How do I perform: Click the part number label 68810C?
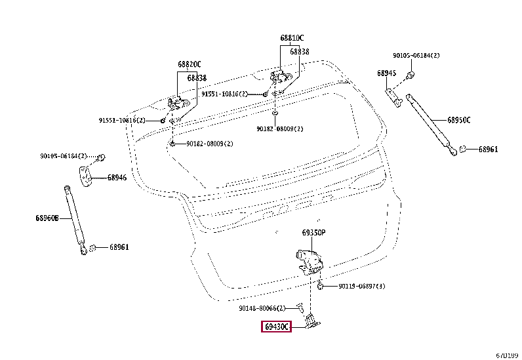click(x=292, y=38)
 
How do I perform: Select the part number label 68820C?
click(x=189, y=64)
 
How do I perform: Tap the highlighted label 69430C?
click(x=277, y=327)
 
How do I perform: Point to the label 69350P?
click(x=313, y=233)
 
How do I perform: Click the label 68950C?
click(x=459, y=120)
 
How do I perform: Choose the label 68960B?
click(x=47, y=218)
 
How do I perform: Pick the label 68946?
click(x=117, y=177)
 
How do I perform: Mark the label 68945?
click(x=386, y=73)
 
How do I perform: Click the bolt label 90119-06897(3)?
click(x=362, y=287)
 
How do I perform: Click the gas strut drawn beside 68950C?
click(x=430, y=125)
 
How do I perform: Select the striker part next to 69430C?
click(x=311, y=321)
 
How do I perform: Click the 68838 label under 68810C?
click(x=300, y=51)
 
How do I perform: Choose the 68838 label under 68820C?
click(x=197, y=77)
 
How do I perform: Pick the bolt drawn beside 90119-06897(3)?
click(x=321, y=286)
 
